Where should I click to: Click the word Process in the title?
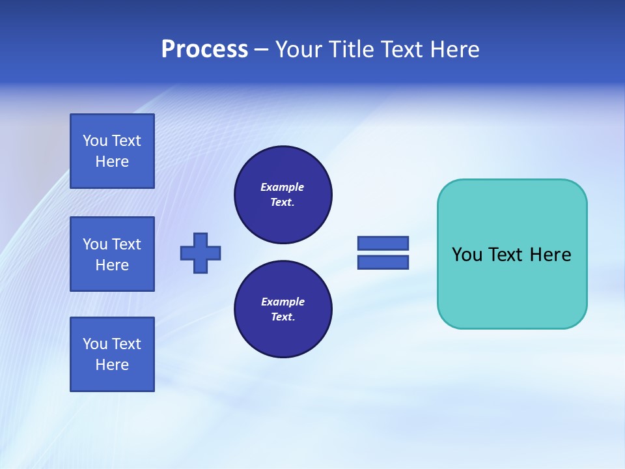(x=204, y=50)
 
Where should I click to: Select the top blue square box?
(x=112, y=151)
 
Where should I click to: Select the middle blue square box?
(x=112, y=254)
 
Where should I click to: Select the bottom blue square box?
(x=112, y=354)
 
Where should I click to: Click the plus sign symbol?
(x=201, y=253)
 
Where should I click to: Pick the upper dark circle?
(x=283, y=195)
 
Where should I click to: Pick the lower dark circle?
(x=283, y=309)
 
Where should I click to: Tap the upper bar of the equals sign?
(x=383, y=243)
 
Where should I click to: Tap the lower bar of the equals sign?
(x=383, y=263)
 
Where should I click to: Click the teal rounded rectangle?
(x=512, y=287)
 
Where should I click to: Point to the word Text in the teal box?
(x=505, y=255)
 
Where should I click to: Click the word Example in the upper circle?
(x=282, y=187)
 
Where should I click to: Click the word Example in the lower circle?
(x=283, y=302)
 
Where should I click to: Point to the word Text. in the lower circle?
(x=283, y=317)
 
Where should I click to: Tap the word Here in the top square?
(x=112, y=162)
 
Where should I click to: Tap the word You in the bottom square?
(x=95, y=344)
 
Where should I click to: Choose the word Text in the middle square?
(x=126, y=244)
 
